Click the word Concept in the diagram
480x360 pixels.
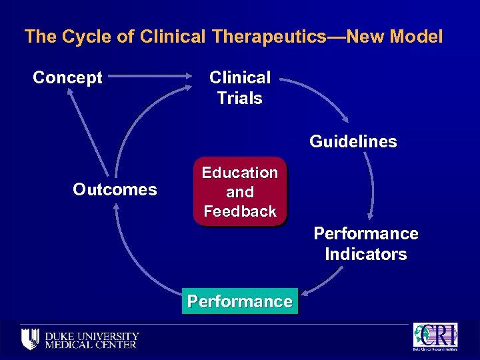pyautogui.click(x=67, y=78)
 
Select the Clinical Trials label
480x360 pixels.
pyautogui.click(x=240, y=88)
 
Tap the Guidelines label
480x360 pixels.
pyautogui.click(x=353, y=142)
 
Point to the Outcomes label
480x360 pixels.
pyautogui.click(x=115, y=190)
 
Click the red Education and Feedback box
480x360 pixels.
pyautogui.click(x=240, y=192)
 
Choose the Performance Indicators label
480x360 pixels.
pyautogui.click(x=366, y=244)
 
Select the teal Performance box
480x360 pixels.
pyautogui.click(x=240, y=302)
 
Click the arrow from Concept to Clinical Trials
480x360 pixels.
pyautogui.click(x=157, y=77)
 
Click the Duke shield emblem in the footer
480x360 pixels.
pyautogui.click(x=31, y=339)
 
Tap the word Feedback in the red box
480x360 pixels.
pyautogui.click(x=240, y=212)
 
